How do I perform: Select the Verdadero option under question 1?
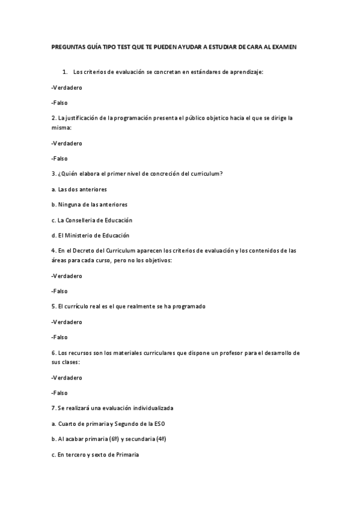click(67, 88)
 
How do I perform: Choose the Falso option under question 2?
click(59, 159)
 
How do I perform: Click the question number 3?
click(53, 174)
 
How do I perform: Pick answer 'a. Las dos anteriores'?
click(79, 189)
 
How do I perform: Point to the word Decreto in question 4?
click(85, 251)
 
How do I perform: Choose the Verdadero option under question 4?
click(67, 276)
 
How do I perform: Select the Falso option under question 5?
click(59, 337)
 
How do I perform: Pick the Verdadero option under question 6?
click(67, 378)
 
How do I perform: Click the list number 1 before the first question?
click(64, 72)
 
